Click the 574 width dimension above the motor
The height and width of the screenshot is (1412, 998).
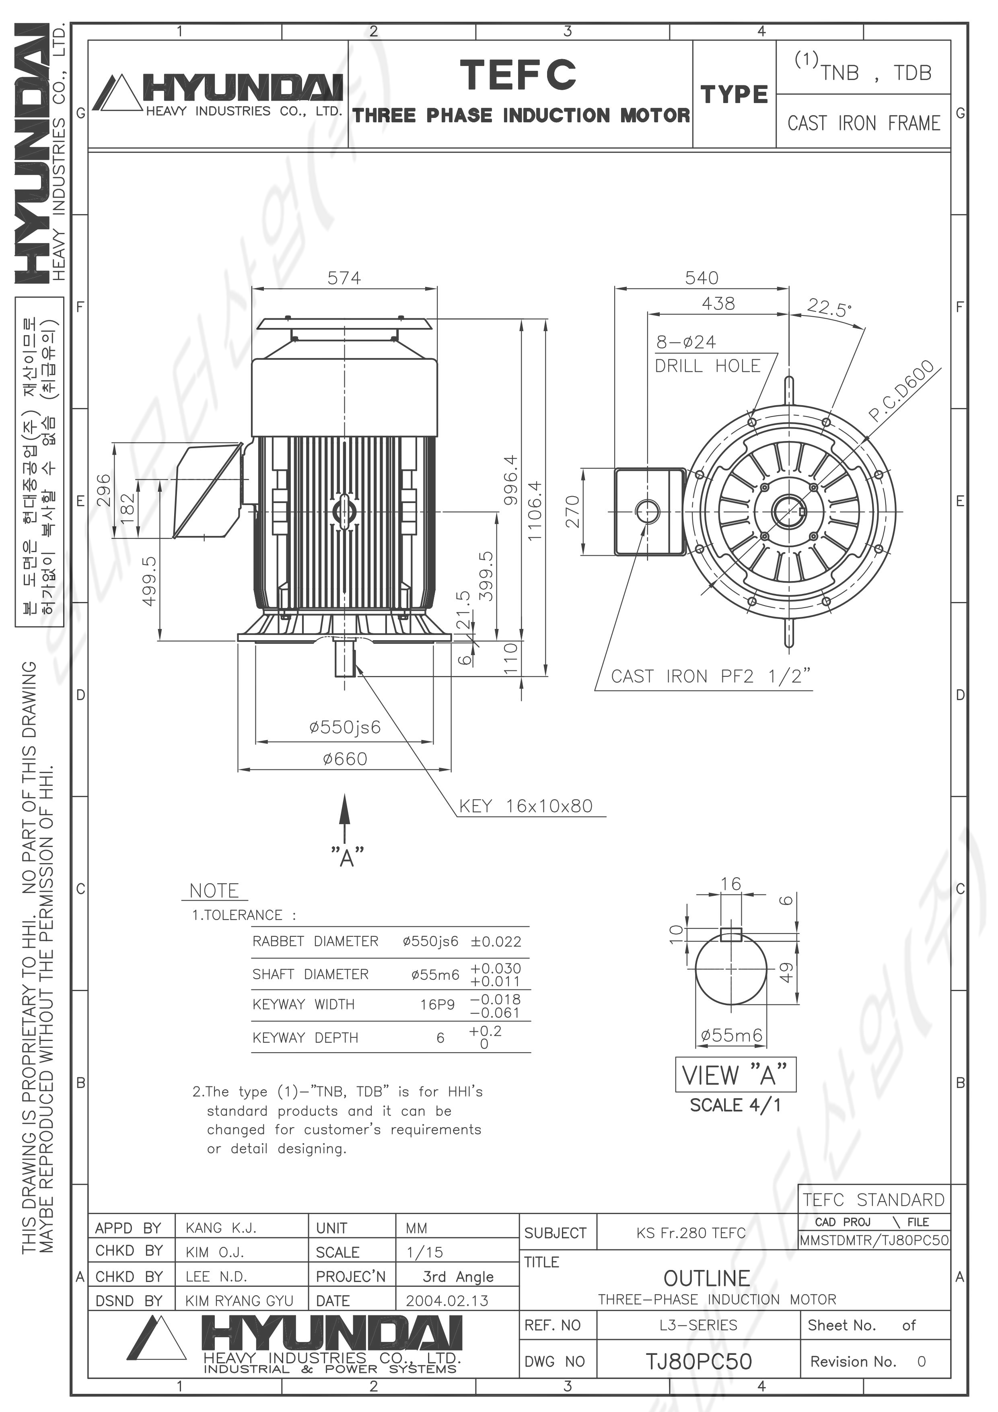coord(344,278)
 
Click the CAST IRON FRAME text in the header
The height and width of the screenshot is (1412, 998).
coord(864,124)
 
